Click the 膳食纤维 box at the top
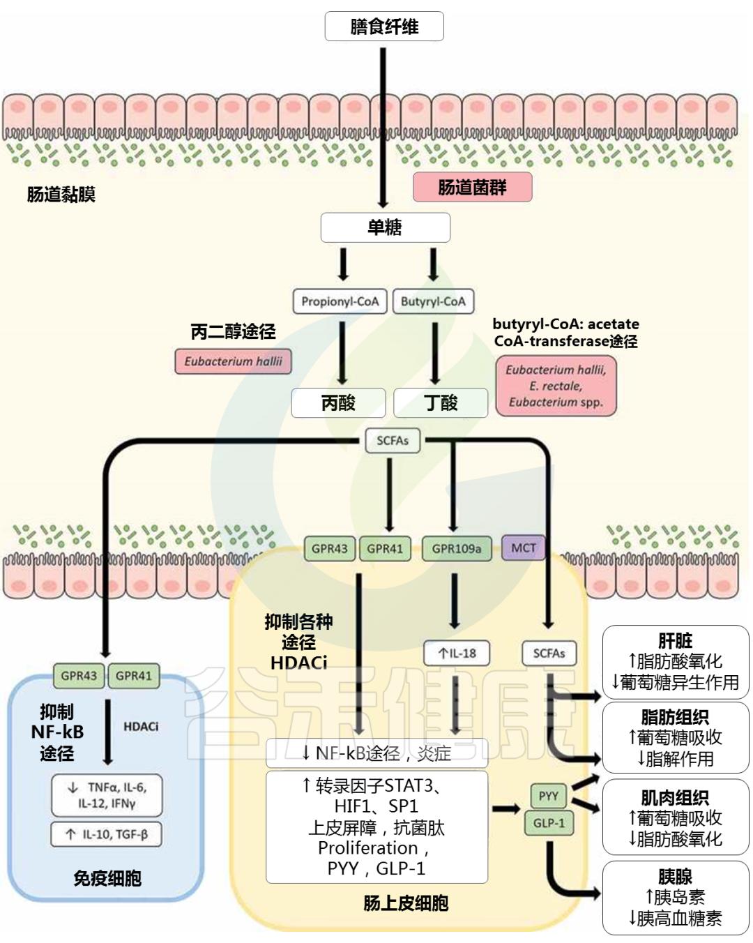(x=384, y=27)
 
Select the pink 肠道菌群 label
(x=472, y=187)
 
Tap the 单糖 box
(x=385, y=227)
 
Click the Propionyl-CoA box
(x=340, y=301)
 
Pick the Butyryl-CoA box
(x=432, y=301)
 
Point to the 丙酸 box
(x=338, y=402)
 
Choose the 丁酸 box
(x=441, y=402)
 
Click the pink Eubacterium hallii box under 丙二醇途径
(x=233, y=361)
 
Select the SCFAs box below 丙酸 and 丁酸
(x=393, y=441)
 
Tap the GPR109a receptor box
(x=457, y=548)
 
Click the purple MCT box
(x=523, y=548)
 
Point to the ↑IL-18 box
(x=457, y=654)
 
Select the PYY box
(x=549, y=796)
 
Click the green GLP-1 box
(x=549, y=823)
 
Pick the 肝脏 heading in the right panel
(x=675, y=640)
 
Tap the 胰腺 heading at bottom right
(x=675, y=877)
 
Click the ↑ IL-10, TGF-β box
(x=106, y=834)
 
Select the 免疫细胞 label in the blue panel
(x=107, y=878)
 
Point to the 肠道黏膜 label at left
(x=61, y=195)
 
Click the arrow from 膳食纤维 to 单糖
(x=383, y=126)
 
